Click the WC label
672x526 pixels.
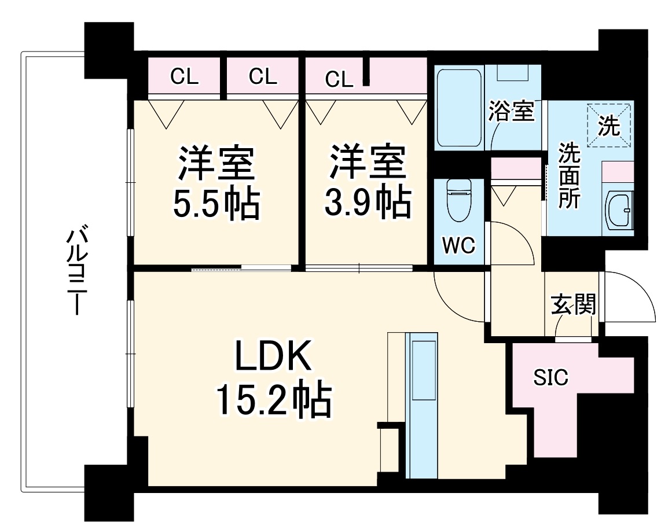point(458,245)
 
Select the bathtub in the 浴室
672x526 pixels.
point(459,108)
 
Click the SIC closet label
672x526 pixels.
point(550,378)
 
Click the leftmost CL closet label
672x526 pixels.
point(185,78)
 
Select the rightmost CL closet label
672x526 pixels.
point(339,79)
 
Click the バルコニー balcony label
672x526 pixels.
point(76,272)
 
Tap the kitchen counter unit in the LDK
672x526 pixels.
point(421,405)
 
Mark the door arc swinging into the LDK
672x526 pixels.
point(457,298)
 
